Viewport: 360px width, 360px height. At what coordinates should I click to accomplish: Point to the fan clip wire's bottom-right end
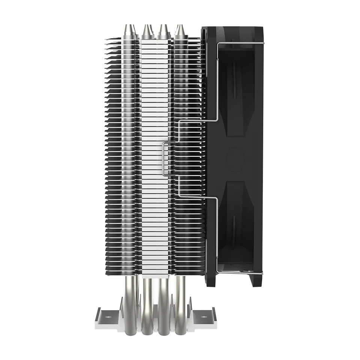(219, 259)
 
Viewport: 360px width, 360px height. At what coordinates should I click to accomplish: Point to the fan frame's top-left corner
(204, 28)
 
